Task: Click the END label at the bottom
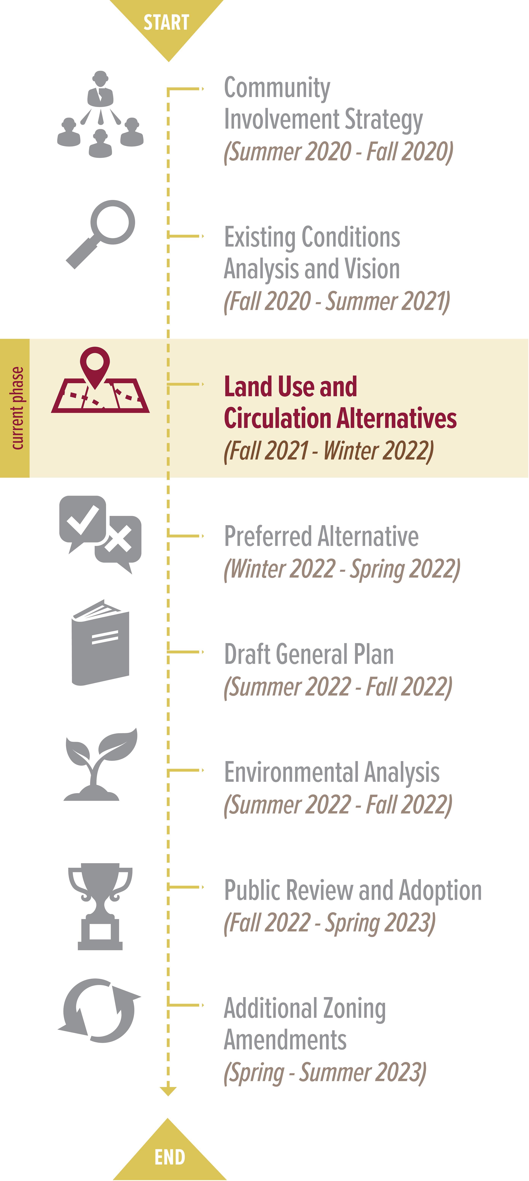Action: pyautogui.click(x=170, y=1157)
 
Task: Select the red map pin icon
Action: pyautogui.click(x=95, y=367)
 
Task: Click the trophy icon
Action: pyautogui.click(x=100, y=906)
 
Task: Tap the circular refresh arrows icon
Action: pyautogui.click(x=99, y=1011)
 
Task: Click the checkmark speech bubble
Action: pyautogui.click(x=83, y=523)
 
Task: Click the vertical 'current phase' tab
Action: pyautogui.click(x=15, y=408)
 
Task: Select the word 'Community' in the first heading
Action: pyautogui.click(x=277, y=88)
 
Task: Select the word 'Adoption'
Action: pyautogui.click(x=440, y=891)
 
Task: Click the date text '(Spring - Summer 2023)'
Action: pyautogui.click(x=325, y=1073)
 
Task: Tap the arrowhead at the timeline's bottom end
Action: pyautogui.click(x=168, y=1091)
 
